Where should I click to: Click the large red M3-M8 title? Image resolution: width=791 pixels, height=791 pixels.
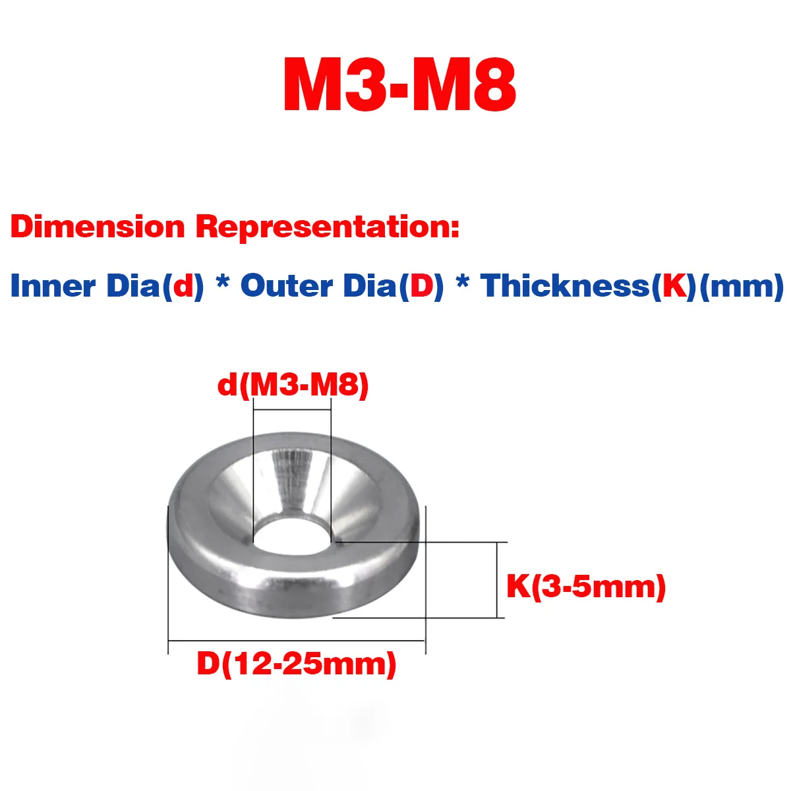tap(399, 86)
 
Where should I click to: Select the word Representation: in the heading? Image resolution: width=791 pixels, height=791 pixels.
tap(327, 227)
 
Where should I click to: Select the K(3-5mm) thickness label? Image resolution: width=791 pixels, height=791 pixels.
tap(586, 586)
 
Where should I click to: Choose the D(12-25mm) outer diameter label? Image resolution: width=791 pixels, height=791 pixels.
tap(297, 663)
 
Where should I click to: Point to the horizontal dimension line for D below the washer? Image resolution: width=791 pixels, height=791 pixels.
tap(297, 640)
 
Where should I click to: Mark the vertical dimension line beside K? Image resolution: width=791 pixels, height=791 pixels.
tap(496, 580)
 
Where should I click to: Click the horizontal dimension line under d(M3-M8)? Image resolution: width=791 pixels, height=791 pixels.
tap(292, 410)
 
